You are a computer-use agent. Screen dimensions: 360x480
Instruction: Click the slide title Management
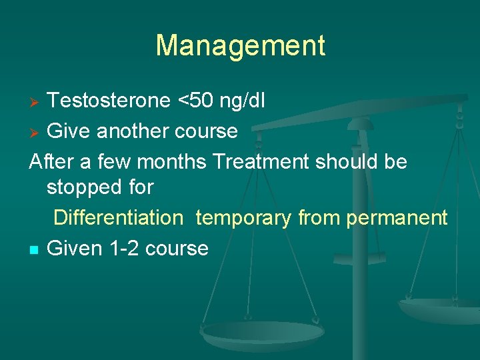pos(240,46)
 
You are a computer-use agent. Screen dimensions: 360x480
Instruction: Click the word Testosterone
pos(109,101)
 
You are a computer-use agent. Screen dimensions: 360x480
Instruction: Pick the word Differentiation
pos(118,218)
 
